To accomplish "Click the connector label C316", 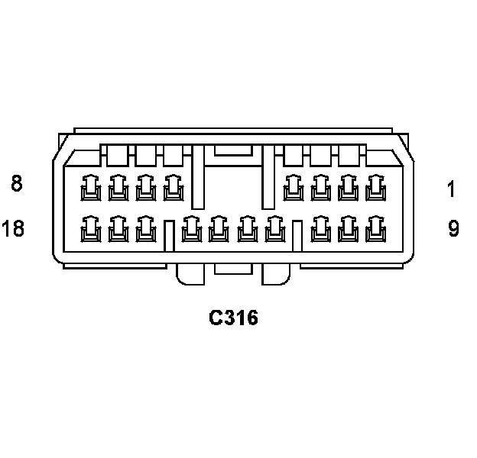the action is (x=234, y=318).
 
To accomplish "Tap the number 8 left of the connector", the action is (x=17, y=183).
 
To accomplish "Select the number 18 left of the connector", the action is (x=13, y=228).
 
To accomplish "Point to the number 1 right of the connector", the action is (x=452, y=189).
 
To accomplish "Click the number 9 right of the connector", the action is (x=453, y=228).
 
